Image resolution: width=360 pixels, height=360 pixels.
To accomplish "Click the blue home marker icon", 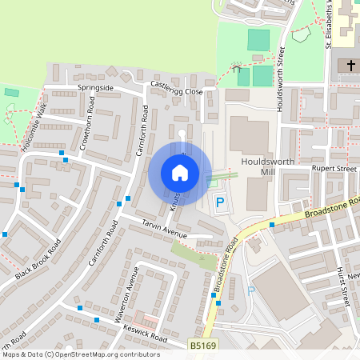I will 180,172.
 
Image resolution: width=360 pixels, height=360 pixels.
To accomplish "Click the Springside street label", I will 95,86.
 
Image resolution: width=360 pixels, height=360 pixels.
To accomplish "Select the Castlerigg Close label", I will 176,88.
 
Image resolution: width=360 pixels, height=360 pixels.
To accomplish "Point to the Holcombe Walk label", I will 36,127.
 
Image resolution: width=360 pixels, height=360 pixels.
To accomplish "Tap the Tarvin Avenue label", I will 164,229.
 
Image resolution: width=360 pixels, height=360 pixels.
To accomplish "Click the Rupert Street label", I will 334,169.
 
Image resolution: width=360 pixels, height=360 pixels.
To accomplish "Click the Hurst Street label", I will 343,289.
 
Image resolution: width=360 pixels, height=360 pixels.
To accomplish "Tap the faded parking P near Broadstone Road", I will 250,290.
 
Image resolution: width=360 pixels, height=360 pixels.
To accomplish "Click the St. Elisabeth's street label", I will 330,24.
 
